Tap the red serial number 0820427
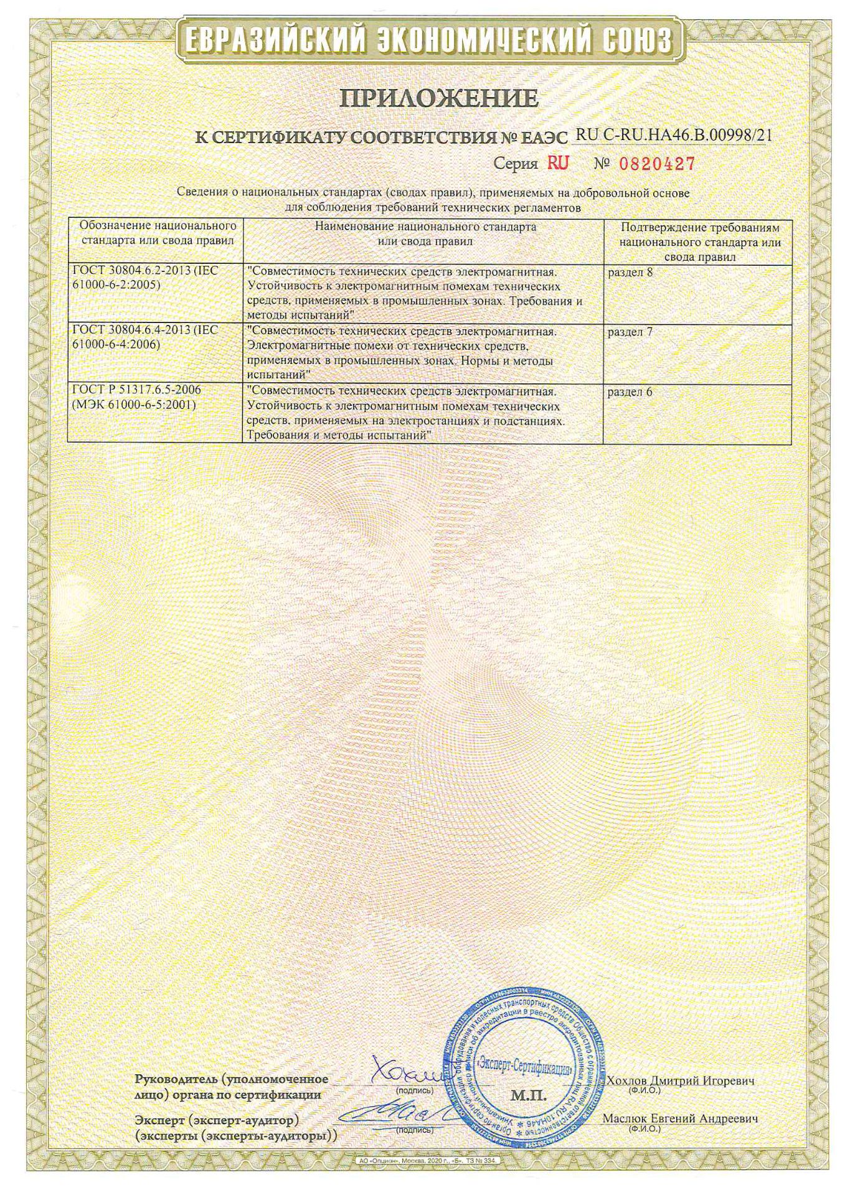(x=656, y=164)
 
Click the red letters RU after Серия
(x=558, y=163)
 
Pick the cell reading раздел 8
(x=630, y=272)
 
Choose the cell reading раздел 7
(x=630, y=332)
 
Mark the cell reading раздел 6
(x=630, y=392)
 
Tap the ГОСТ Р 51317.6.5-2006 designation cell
(x=137, y=397)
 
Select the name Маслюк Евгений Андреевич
(x=680, y=1118)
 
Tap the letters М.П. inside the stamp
(x=528, y=1095)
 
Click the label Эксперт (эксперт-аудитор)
(x=217, y=1120)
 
